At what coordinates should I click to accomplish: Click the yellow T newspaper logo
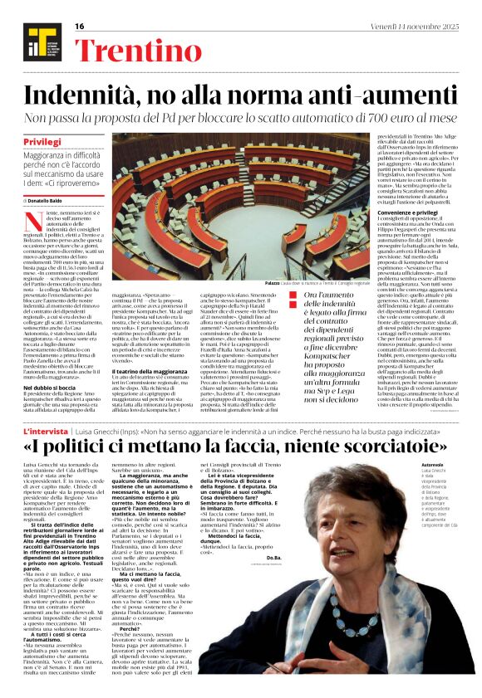(x=36, y=41)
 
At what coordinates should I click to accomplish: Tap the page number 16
(x=80, y=27)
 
